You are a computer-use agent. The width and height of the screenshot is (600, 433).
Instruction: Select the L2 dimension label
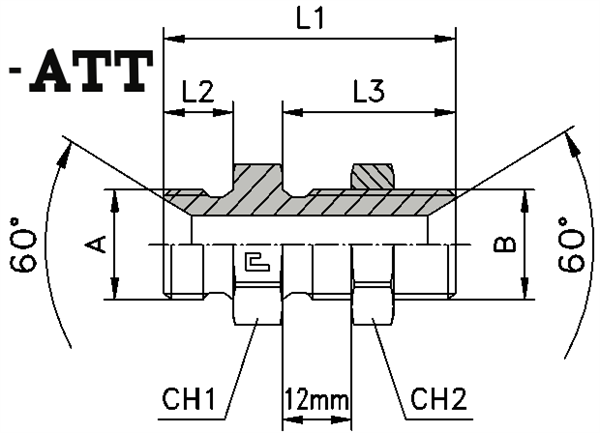coord(197,92)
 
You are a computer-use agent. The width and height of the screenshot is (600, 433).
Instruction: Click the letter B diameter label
coord(507,243)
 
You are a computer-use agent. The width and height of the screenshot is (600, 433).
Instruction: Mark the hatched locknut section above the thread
coord(371,176)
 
